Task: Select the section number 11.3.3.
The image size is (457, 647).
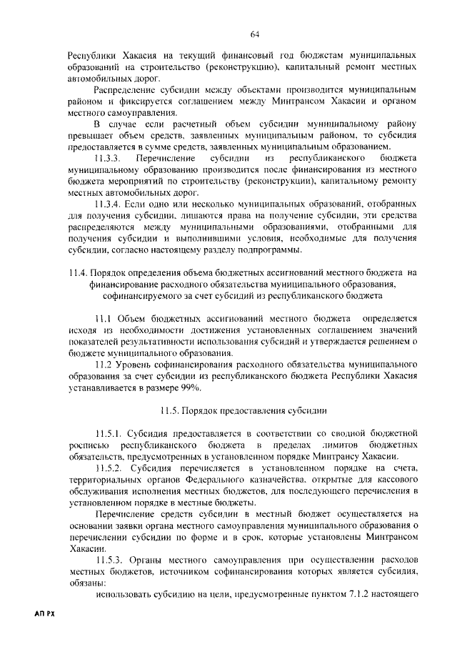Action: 110,156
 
